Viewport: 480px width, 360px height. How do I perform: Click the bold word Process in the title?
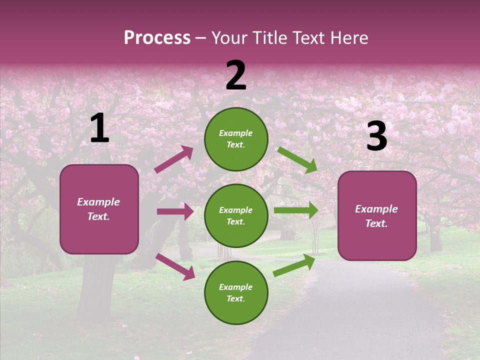click(157, 38)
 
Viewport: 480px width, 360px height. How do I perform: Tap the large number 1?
click(99, 128)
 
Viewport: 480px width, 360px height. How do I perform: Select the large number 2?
click(236, 75)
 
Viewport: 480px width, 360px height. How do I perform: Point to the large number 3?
click(376, 136)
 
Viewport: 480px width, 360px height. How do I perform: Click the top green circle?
click(236, 138)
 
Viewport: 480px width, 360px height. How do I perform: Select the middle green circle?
click(236, 215)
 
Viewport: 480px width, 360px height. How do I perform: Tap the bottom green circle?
click(236, 292)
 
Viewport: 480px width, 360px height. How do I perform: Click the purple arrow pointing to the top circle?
click(173, 159)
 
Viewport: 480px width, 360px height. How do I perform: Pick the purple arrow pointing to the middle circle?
click(175, 211)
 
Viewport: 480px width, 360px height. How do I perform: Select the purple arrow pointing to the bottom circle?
click(175, 266)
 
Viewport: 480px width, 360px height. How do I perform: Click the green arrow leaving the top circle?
click(297, 159)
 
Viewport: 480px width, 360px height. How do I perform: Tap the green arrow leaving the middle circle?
click(296, 210)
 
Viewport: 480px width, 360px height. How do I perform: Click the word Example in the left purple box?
click(98, 202)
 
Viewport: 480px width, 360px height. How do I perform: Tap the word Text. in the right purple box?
click(376, 223)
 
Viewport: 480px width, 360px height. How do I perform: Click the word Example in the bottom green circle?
click(236, 287)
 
